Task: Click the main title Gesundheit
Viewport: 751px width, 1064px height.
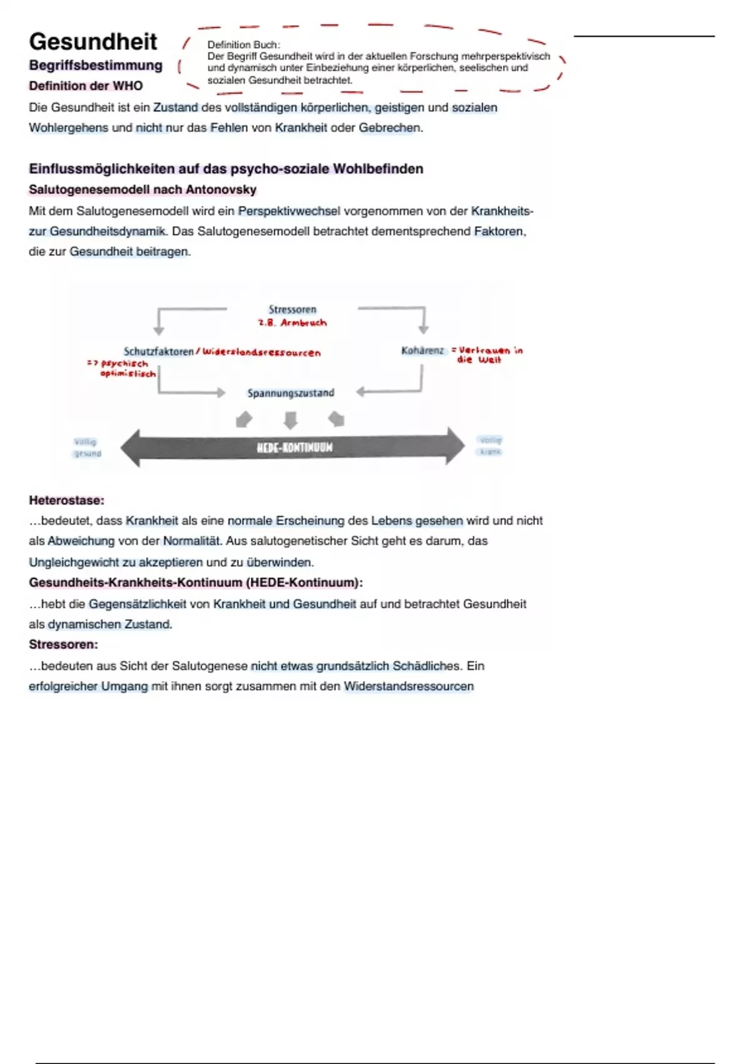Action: point(93,42)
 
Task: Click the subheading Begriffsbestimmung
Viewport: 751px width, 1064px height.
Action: point(96,66)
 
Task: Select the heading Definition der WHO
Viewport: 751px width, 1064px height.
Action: point(86,86)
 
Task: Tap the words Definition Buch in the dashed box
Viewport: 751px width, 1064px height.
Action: point(243,45)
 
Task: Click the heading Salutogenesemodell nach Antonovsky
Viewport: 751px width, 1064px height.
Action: point(143,190)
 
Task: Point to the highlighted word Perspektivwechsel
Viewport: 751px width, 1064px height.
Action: point(289,211)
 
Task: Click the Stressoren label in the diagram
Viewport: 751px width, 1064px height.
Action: point(292,309)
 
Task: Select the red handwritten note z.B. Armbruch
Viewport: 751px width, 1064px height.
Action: point(292,323)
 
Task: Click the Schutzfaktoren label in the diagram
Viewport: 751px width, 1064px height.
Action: point(159,352)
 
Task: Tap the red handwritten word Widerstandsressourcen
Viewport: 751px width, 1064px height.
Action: point(262,353)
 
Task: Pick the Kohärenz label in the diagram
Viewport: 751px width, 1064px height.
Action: point(422,350)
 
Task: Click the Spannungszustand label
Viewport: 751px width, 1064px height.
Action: point(291,393)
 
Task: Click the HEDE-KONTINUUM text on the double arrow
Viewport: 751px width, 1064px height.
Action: point(294,448)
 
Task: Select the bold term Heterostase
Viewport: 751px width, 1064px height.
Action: point(66,501)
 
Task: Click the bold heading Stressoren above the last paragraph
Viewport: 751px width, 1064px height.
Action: point(63,645)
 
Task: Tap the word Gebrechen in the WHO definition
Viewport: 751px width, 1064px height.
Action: point(389,128)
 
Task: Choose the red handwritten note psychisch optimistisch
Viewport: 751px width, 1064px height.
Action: point(125,369)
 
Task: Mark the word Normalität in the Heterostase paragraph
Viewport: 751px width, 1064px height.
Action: point(192,541)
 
